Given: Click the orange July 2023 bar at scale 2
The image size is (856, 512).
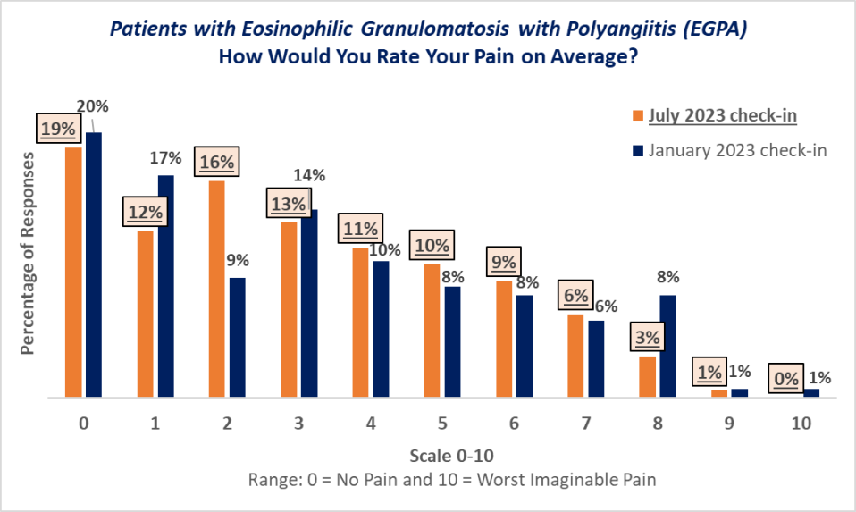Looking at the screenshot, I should pos(217,289).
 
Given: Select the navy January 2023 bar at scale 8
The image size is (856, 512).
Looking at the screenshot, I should pos(668,346).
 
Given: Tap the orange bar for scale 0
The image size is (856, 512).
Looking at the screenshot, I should pos(73,272).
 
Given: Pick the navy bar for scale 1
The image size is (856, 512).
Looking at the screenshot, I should pos(165,286).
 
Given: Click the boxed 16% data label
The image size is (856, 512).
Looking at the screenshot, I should pos(217,163).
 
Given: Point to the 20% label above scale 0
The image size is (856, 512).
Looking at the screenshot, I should pos(93,106).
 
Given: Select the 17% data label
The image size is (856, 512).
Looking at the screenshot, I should pos(165,158).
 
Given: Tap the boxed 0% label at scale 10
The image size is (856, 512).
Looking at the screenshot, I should pos(786,379).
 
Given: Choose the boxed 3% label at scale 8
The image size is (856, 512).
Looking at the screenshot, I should pos(648,338).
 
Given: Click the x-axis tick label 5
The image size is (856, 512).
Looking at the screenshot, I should pos(443,424).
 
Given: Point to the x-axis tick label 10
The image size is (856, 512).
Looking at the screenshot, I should pos(801,424).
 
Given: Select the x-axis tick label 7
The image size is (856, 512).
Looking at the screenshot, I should pos(586,424).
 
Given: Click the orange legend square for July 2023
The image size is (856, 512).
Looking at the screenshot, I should pos(637,116).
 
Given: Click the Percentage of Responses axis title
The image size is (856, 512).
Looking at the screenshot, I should pos(28,253).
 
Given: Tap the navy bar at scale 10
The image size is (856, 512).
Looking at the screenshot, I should pos(811,392).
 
